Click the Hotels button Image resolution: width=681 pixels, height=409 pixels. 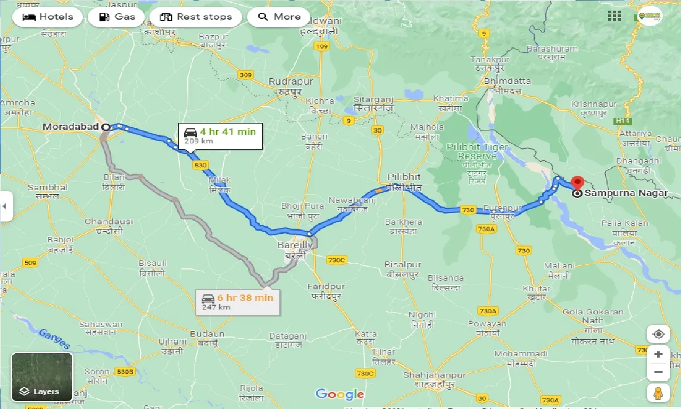[x=47, y=17]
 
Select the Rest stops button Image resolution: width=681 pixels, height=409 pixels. [x=196, y=17]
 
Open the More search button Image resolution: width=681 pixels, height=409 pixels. [x=279, y=17]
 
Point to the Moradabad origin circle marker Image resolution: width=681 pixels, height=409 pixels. [x=106, y=127]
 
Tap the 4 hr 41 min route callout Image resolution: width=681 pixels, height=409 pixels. [x=220, y=136]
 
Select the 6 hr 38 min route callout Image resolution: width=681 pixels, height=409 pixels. [x=237, y=302]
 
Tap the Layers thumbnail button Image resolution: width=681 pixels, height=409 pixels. [x=42, y=377]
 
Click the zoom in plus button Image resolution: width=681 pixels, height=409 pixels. [x=658, y=355]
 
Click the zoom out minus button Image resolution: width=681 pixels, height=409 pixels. [x=658, y=372]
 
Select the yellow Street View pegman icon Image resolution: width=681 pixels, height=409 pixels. [x=658, y=394]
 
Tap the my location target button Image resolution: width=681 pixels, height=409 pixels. [x=658, y=334]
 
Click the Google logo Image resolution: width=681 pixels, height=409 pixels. [x=339, y=394]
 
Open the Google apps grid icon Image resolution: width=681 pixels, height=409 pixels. [x=614, y=16]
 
